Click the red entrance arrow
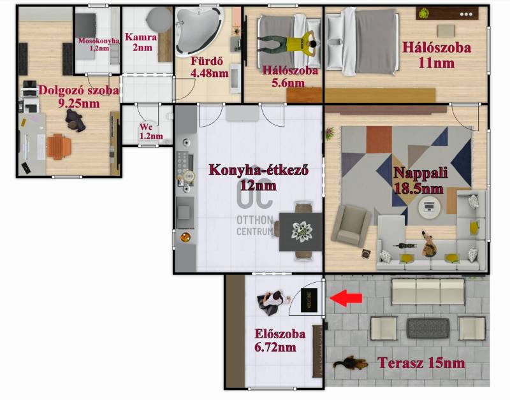click(x=346, y=298)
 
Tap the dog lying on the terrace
click(x=350, y=363)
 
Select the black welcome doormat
click(x=309, y=300)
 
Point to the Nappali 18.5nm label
click(x=420, y=180)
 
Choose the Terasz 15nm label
click(x=421, y=363)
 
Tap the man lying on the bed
click(x=287, y=42)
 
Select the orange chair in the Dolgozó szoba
click(x=59, y=147)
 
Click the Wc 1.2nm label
click(x=151, y=131)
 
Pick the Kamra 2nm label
click(x=141, y=42)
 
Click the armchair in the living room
click(x=351, y=225)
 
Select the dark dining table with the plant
click(x=301, y=231)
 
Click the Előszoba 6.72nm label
click(x=280, y=340)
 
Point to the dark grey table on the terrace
click(x=428, y=328)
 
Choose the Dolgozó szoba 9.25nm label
click(x=78, y=97)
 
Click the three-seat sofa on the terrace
click(x=428, y=291)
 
